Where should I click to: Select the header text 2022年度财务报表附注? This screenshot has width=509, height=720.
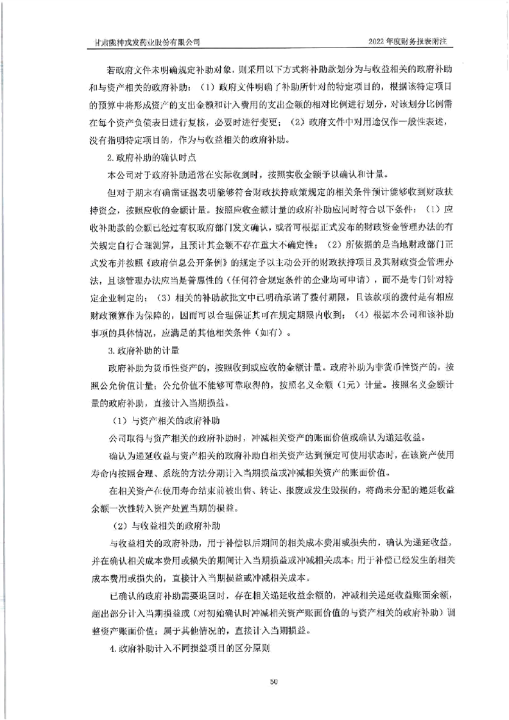click(x=412, y=40)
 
